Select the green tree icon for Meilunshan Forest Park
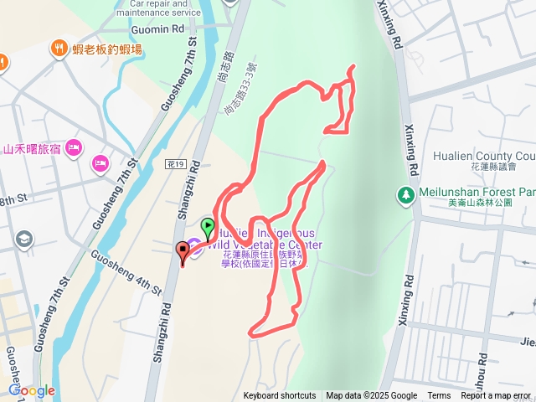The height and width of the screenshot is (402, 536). [405, 195]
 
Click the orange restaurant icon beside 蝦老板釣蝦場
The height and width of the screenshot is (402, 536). [59, 48]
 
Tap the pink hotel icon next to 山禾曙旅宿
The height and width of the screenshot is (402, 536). [74, 147]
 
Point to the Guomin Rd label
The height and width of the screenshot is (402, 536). [157, 28]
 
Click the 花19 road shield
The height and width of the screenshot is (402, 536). [175, 165]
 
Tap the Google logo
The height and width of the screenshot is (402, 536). [32, 390]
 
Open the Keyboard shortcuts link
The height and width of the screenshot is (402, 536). [280, 396]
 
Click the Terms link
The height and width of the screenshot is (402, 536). [439, 396]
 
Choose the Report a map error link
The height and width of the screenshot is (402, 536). [496, 396]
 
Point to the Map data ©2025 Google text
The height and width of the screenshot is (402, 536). [371, 396]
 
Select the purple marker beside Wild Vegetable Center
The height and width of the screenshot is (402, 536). [194, 244]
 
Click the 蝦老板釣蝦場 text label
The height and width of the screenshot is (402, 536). [106, 49]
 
